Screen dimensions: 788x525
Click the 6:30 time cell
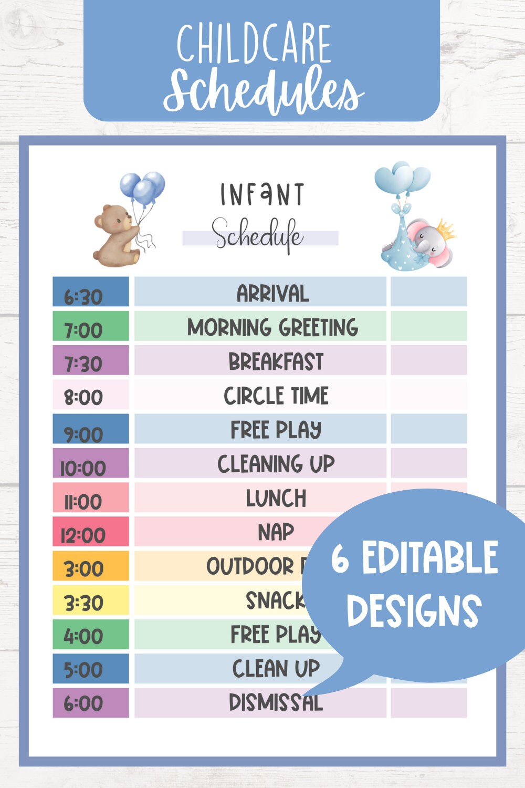[90, 292]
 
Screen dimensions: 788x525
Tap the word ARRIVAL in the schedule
[272, 293]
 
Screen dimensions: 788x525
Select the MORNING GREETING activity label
[272, 327]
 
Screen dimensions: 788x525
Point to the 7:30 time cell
[90, 360]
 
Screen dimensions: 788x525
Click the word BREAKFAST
[276, 361]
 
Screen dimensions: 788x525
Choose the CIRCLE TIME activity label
[276, 396]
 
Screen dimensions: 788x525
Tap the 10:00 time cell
[90, 464]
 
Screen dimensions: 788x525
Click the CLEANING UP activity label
[276, 464]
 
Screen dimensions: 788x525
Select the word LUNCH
[276, 498]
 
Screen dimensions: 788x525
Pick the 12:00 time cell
[90, 532]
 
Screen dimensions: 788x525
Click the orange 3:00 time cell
[90, 566]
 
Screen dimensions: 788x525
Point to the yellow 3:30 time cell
[90, 600]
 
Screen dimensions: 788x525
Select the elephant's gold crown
[445, 229]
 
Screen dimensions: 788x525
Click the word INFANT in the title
[262, 194]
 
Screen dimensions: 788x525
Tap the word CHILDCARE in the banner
[254, 44]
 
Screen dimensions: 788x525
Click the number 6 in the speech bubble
[340, 558]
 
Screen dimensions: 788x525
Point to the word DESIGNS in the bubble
[414, 610]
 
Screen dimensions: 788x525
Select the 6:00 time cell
[90, 703]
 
